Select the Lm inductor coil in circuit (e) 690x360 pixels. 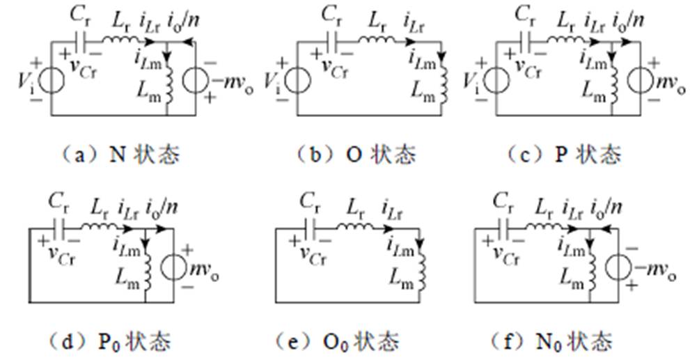(421, 267)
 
